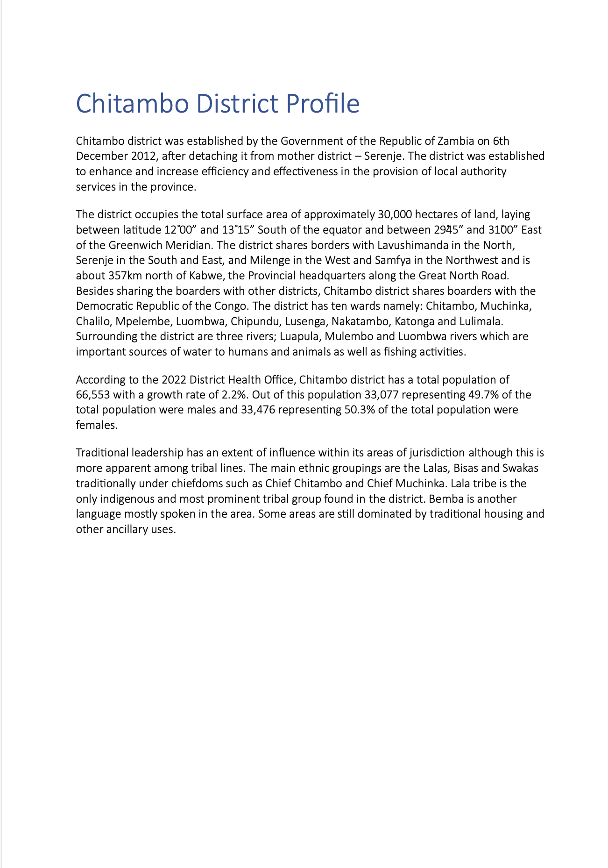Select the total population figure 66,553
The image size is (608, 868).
93,395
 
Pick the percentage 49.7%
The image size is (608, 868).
483,395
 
